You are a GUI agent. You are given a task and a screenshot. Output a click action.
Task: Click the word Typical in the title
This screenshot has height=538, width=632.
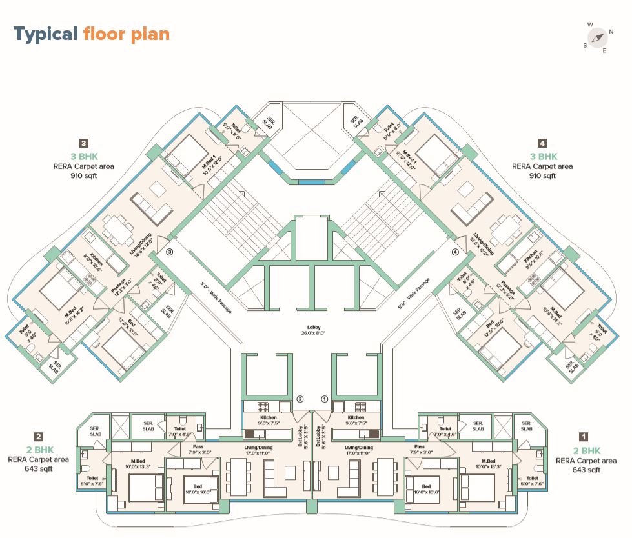pos(46,34)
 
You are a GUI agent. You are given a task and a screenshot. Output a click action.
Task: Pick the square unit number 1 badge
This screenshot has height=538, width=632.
pos(583,436)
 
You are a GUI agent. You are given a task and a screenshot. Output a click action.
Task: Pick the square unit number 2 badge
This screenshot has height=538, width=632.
pos(39,436)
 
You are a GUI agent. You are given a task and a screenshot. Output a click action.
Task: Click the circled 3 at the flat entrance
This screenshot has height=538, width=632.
pos(170,252)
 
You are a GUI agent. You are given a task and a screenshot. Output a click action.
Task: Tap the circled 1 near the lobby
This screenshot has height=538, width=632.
pos(325,399)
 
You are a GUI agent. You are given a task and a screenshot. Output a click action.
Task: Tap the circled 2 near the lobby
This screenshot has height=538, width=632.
pos(300,399)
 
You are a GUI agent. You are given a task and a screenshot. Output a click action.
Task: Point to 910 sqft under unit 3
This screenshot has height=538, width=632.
pos(84,175)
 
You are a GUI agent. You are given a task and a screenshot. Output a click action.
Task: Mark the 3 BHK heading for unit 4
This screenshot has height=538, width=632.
pos(543,156)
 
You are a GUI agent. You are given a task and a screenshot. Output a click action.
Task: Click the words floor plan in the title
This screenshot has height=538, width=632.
pos(127,34)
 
